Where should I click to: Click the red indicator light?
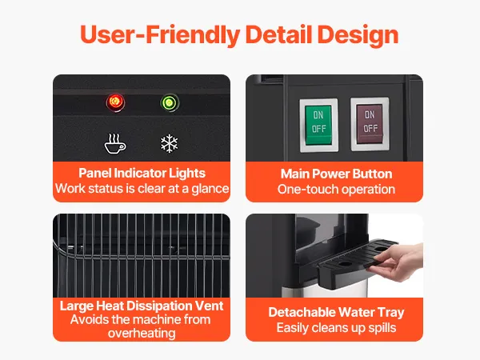115,102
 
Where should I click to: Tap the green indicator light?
170,102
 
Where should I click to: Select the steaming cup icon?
114,143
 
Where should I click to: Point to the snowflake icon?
170,143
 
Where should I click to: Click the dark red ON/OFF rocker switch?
370,124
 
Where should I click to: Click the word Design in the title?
358,35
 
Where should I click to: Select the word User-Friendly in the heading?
160,35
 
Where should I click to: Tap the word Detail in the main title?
278,34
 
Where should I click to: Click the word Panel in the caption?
94,174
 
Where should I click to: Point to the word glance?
210,189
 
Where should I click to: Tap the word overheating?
142,334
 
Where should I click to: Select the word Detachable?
302,312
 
